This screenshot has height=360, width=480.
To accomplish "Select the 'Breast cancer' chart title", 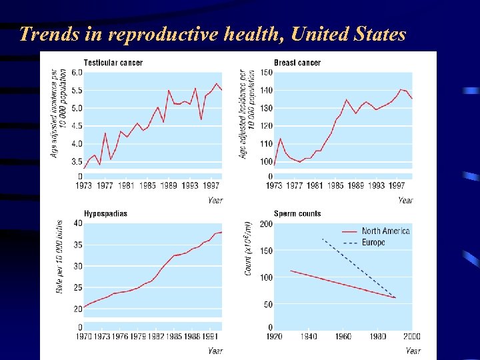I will click(297, 63).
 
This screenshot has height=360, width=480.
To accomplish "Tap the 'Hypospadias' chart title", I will click(105, 213).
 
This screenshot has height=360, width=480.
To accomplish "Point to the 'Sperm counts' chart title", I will click(297, 213).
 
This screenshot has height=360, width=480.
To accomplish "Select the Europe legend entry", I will click(373, 243).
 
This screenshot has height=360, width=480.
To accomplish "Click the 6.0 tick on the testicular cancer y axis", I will click(77, 73).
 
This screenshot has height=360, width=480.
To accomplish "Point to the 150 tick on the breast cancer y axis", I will click(266, 73).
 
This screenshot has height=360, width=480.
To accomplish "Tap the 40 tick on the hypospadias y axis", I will click(78, 223).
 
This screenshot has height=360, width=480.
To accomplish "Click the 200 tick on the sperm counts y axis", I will click(266, 223).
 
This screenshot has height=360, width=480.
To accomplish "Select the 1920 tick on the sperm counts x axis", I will click(275, 337).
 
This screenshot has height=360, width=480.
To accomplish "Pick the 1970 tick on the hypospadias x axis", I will click(83, 337).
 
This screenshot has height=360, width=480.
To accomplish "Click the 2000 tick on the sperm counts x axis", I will click(411, 337).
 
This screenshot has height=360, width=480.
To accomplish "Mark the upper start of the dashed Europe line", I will click(322, 238).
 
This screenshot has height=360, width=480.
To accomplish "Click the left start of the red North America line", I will click(289, 271).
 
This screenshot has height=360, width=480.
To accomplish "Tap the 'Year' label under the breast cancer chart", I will click(405, 200).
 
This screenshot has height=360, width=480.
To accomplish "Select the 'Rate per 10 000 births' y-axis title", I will click(60, 257).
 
